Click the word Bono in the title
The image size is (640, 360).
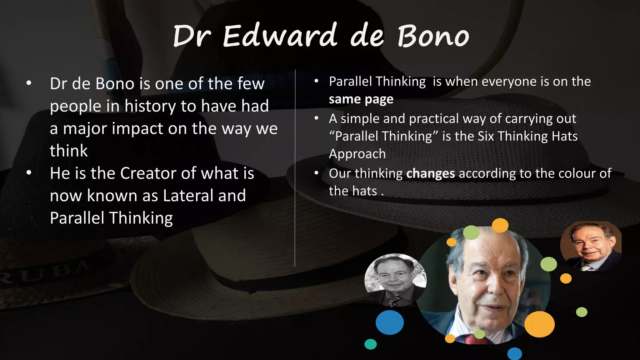click(433, 37)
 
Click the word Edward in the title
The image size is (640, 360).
click(280, 37)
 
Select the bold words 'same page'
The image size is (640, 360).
click(361, 99)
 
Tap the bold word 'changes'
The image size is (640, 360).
click(430, 174)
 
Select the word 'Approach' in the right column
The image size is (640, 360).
click(357, 154)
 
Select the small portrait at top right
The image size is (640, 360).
click(591, 246)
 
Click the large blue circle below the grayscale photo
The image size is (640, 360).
click(389, 322)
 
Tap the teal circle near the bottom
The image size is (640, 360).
click(370, 344)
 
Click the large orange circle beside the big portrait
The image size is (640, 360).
click(539, 324)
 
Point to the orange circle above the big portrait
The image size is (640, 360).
click(500, 225)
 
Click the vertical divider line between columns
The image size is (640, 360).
click(295, 169)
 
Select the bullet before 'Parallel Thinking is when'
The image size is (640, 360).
click(316, 82)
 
